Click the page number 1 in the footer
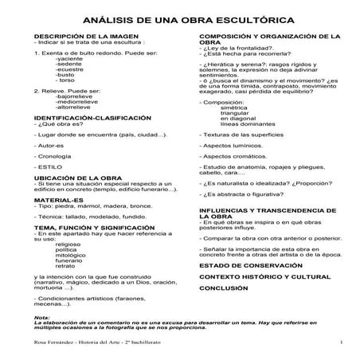tap(340, 343)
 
